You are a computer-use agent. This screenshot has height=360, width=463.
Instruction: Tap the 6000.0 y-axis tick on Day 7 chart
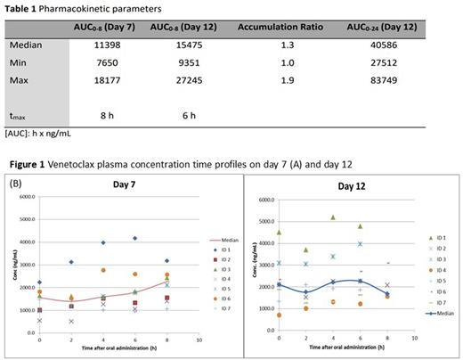pos(23,197)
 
